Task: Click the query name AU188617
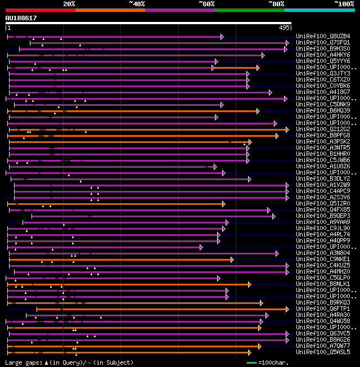pyautogui.click(x=21, y=18)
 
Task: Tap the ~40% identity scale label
pyautogui.click(x=137, y=4)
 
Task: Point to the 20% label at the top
pyautogui.click(x=69, y=4)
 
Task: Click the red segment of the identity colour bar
pyautogui.click(x=40, y=10)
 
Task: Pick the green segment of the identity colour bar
pyautogui.click(x=249, y=10)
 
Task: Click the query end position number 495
pyautogui.click(x=284, y=27)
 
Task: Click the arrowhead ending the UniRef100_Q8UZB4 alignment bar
pyautogui.click(x=222, y=37)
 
